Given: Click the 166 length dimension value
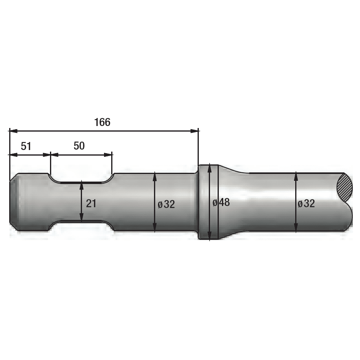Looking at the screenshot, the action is click(x=102, y=122).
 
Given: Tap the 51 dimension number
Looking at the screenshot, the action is click(x=26, y=146).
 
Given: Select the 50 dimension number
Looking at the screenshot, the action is click(x=79, y=146).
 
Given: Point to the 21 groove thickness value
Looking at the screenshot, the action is click(x=91, y=204).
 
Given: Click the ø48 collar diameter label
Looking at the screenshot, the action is click(x=221, y=202).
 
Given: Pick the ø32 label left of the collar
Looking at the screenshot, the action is click(x=166, y=204).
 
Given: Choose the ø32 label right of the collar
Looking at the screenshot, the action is click(x=306, y=204).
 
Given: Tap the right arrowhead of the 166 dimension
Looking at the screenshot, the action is click(x=194, y=131).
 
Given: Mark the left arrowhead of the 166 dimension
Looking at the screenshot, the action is click(x=13, y=131).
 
